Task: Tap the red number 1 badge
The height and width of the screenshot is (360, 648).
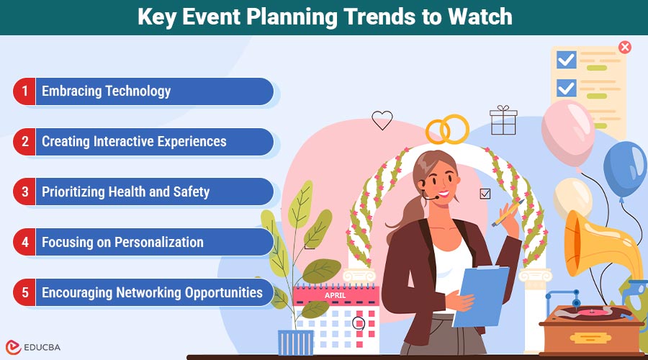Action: pyautogui.click(x=24, y=91)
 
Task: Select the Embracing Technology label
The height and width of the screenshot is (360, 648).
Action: pyautogui.click(x=106, y=91)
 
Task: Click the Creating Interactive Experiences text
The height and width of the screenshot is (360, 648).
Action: pyautogui.click(x=134, y=142)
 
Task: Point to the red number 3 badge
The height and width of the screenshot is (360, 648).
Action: pyautogui.click(x=24, y=192)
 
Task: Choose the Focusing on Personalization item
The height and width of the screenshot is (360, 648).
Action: pyautogui.click(x=122, y=243)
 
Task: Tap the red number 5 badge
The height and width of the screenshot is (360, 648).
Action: pyautogui.click(x=24, y=293)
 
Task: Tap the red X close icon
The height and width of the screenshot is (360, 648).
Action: pyautogui.click(x=625, y=48)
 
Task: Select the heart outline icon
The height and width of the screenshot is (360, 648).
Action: pyautogui.click(x=382, y=120)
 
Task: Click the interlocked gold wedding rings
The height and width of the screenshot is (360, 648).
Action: pyautogui.click(x=447, y=130)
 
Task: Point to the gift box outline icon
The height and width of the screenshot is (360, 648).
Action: pyautogui.click(x=503, y=120)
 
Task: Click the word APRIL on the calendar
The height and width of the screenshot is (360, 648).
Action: pyautogui.click(x=335, y=295)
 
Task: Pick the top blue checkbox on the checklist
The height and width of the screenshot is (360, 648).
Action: pyautogui.click(x=567, y=60)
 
